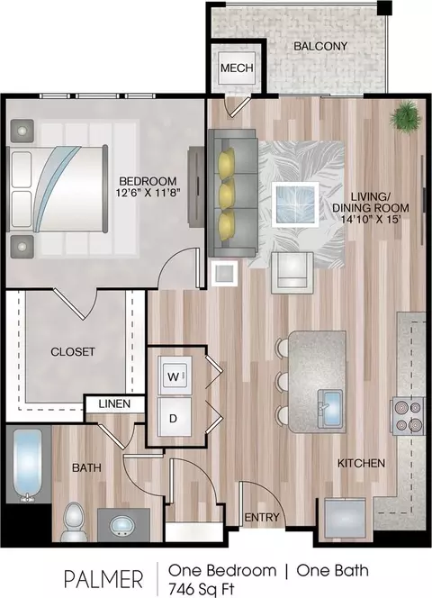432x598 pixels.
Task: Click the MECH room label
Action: (x=237, y=68)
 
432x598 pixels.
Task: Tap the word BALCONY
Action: (x=320, y=46)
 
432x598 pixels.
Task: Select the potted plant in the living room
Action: (x=406, y=116)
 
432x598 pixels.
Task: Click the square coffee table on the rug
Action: (x=295, y=204)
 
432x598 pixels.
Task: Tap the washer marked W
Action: (x=175, y=376)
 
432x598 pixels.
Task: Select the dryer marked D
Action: (x=175, y=418)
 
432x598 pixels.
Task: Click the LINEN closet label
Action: (x=114, y=403)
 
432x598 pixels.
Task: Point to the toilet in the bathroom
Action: (x=75, y=521)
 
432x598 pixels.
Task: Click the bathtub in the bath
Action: (x=27, y=466)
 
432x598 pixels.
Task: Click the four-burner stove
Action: (x=407, y=416)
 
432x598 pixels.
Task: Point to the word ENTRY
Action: (x=262, y=518)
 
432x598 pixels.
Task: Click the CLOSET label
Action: (x=72, y=351)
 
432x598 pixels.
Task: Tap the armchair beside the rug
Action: (x=292, y=272)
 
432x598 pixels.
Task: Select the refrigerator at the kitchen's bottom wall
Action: (x=345, y=519)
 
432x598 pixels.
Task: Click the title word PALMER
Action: (x=103, y=580)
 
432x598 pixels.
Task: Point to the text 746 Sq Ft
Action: (x=202, y=589)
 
